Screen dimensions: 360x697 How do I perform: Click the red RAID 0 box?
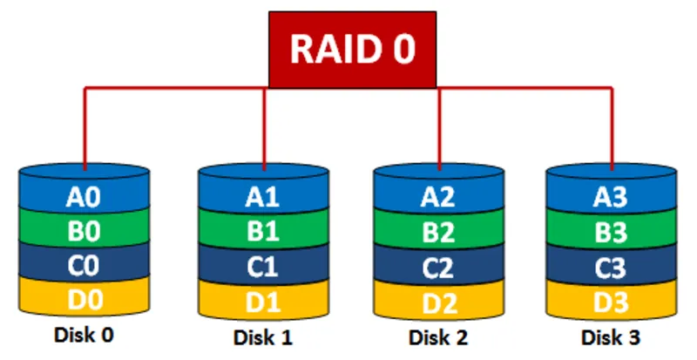point(352,49)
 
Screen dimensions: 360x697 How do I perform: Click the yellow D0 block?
point(85,299)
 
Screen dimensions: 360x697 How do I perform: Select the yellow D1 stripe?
point(263,302)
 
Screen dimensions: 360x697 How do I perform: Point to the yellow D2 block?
point(439,302)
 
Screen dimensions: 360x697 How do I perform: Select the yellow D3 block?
point(611,302)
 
